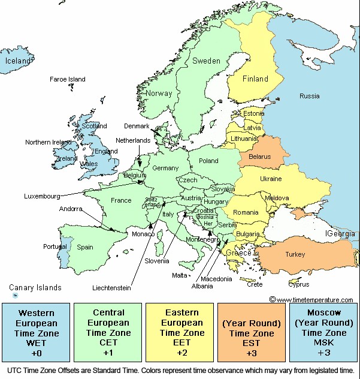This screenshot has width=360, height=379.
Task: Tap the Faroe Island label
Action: click(x=68, y=79)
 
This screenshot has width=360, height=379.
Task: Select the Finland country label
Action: click(x=255, y=79)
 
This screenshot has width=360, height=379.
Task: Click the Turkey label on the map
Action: click(x=295, y=254)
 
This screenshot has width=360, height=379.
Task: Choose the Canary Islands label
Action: click(x=35, y=288)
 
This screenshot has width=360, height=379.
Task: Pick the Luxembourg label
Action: click(x=43, y=195)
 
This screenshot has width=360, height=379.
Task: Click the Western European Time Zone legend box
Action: click(x=36, y=333)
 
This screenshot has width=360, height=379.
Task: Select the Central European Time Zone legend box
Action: click(x=108, y=333)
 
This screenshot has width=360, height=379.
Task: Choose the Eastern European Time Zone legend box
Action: click(x=180, y=333)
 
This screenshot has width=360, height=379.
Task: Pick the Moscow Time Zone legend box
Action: click(x=324, y=333)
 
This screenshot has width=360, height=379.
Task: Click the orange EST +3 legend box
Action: click(x=252, y=333)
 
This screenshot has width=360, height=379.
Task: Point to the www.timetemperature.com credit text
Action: click(x=314, y=299)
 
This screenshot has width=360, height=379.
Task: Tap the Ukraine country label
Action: click(x=270, y=179)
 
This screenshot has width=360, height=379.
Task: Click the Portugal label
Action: click(x=55, y=246)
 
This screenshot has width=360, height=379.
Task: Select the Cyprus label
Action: click(x=299, y=285)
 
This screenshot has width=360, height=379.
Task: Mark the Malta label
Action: click(x=180, y=275)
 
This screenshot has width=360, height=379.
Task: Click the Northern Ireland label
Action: click(x=48, y=142)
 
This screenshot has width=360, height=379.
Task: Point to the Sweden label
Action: click(x=206, y=61)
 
